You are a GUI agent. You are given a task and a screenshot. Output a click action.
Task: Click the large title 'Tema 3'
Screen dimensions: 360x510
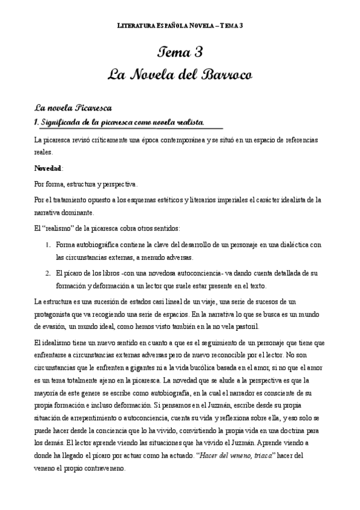pos(180,53)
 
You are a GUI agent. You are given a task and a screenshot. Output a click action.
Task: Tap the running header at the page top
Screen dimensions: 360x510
pos(180,26)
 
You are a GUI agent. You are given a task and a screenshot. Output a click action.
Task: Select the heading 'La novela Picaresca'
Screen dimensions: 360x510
pos(73,108)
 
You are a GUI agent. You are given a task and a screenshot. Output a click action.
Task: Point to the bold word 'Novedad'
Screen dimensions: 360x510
pos(49,167)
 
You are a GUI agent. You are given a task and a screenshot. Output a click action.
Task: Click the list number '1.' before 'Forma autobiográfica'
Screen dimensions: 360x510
pos(48,245)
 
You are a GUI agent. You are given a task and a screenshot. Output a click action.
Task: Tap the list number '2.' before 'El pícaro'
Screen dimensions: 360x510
pos(48,272)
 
